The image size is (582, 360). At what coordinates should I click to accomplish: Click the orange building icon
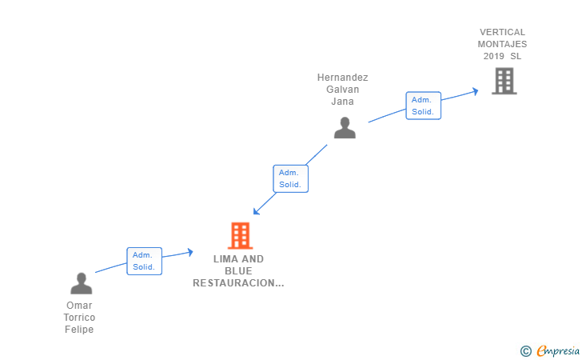[x=240, y=235]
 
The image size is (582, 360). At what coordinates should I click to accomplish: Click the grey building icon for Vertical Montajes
[x=504, y=81]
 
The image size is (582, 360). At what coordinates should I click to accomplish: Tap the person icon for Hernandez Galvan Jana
[x=345, y=128]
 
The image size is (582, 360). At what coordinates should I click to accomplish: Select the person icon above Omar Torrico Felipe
[x=82, y=283]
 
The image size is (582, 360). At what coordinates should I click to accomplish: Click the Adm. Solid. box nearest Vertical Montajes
[x=423, y=106]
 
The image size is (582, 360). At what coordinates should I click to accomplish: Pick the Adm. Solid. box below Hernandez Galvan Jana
[x=290, y=178]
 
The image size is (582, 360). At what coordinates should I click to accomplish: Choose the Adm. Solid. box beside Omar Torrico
[x=144, y=261]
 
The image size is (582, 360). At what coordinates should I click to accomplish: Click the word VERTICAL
[x=502, y=32]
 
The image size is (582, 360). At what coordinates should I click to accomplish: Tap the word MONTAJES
[x=502, y=44]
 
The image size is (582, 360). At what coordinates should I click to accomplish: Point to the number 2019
[x=494, y=56]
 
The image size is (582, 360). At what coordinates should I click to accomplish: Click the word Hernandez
[x=343, y=78]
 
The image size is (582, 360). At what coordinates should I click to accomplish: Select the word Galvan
[x=343, y=90]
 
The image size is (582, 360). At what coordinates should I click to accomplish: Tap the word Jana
[x=343, y=102]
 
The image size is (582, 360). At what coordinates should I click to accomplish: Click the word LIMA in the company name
[x=223, y=259]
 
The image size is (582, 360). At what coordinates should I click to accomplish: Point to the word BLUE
[x=238, y=271]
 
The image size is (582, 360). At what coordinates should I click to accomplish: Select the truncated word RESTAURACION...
[x=238, y=283]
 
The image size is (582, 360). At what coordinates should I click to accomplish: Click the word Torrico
[x=79, y=318]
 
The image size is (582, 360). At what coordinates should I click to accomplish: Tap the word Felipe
[x=79, y=329]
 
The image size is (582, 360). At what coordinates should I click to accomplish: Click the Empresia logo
[x=550, y=350]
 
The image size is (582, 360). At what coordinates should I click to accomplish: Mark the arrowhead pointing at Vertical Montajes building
[x=475, y=91]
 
